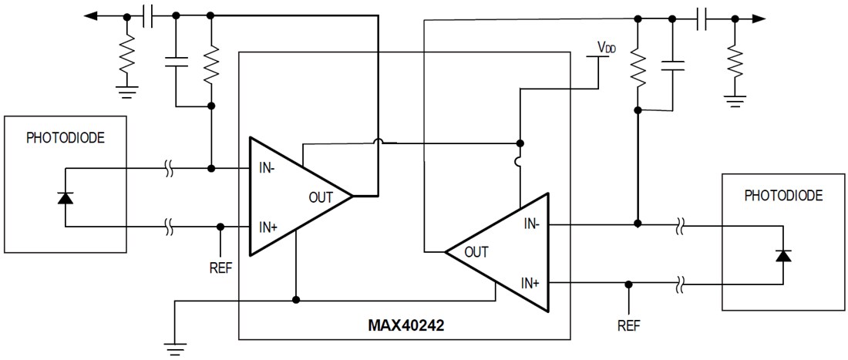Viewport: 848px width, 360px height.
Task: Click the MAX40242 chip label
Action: (405, 325)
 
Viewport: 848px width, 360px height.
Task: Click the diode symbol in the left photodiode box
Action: (66, 197)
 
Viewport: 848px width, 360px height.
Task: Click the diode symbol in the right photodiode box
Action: (783, 255)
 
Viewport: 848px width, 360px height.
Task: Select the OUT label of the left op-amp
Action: (321, 197)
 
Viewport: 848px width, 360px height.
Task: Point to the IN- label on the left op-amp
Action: (267, 167)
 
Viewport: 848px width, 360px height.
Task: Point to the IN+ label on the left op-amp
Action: (267, 227)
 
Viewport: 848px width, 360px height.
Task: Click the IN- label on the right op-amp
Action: (531, 224)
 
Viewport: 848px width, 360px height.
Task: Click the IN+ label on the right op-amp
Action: (530, 283)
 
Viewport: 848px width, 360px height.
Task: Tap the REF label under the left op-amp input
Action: (220, 269)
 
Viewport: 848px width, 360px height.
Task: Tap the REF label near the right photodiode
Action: (629, 325)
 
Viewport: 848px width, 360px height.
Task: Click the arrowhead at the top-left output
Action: (91, 15)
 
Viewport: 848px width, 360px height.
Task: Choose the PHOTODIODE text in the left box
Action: (65, 139)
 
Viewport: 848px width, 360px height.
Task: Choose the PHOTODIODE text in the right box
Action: (783, 196)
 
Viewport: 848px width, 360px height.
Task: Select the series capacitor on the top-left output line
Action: (150, 15)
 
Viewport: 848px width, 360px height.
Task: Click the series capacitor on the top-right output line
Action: (702, 19)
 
